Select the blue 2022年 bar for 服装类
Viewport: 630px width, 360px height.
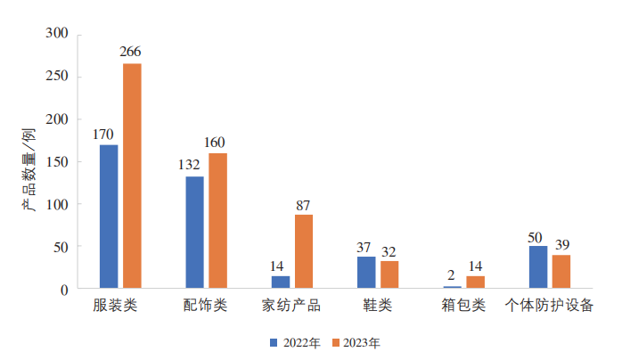click(109, 217)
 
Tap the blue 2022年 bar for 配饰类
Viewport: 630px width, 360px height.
click(194, 233)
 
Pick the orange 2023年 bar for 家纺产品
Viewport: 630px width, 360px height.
click(304, 251)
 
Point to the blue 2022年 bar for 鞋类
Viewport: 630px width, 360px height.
click(366, 273)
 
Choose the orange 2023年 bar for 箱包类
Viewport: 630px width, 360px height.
click(476, 282)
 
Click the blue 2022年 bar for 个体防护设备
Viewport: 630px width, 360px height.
click(538, 267)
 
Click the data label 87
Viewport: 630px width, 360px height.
click(304, 204)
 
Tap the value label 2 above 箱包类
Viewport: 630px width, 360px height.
click(451, 275)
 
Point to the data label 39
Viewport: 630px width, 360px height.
click(561, 244)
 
